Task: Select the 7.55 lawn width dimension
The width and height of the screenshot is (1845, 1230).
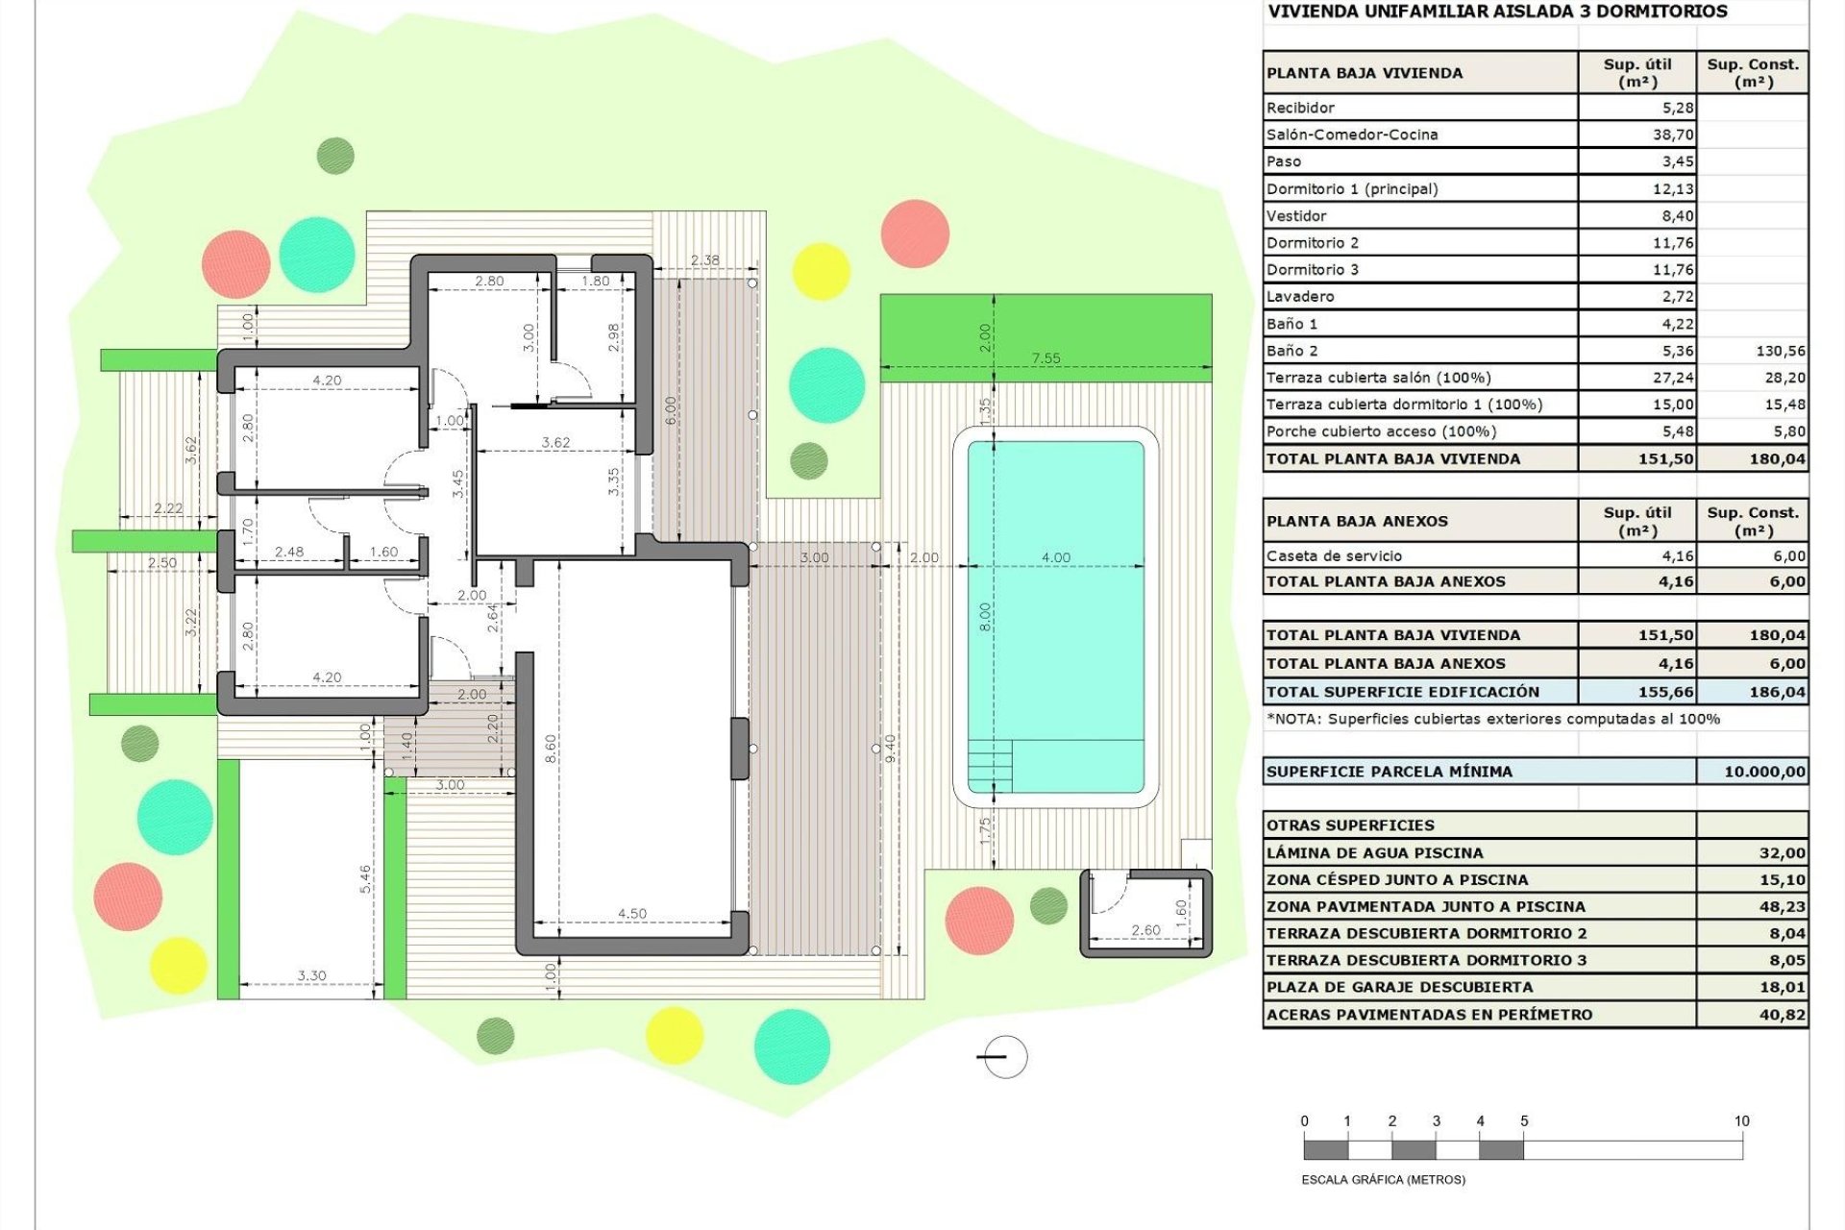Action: (x=1045, y=358)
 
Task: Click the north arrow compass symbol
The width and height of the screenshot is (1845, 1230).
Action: (x=1005, y=1057)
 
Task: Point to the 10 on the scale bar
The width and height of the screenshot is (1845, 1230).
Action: (x=1741, y=1121)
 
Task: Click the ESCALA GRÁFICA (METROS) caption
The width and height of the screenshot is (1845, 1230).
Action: (x=1383, y=1179)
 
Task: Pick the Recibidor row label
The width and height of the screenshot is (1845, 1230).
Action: (x=1300, y=108)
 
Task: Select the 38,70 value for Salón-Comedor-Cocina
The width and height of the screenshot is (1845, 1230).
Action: (x=1673, y=135)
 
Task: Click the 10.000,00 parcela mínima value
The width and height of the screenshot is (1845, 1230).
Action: (x=1764, y=772)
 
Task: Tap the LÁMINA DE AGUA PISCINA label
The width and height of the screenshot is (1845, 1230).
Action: (x=1374, y=852)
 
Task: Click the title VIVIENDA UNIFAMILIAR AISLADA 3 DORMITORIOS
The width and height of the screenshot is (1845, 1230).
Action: (x=1497, y=12)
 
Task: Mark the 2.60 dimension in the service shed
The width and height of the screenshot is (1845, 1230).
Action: (x=1145, y=929)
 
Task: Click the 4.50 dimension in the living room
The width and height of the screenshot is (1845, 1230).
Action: (x=632, y=913)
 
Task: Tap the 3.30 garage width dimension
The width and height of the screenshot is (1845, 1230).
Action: (x=311, y=975)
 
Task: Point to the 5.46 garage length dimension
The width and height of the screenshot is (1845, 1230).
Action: (x=365, y=878)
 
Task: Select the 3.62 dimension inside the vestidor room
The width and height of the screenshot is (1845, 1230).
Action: (x=555, y=442)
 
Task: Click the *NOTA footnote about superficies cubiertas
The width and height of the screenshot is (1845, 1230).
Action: (x=1492, y=719)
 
